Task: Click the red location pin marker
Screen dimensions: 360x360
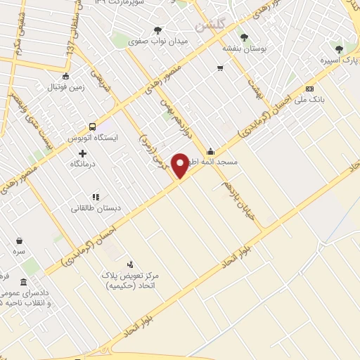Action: point(181,165)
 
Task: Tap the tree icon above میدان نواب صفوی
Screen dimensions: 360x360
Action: point(157,30)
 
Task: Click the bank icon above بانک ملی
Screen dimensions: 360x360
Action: point(309,89)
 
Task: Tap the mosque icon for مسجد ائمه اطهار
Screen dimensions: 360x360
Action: point(210,152)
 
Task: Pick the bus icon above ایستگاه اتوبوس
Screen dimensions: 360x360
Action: point(93,127)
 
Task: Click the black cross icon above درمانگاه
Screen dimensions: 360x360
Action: point(83,153)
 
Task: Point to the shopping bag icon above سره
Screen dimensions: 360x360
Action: point(19,240)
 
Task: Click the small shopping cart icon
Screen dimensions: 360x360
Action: point(220,68)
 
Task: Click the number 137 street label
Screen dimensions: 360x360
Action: point(70,45)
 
